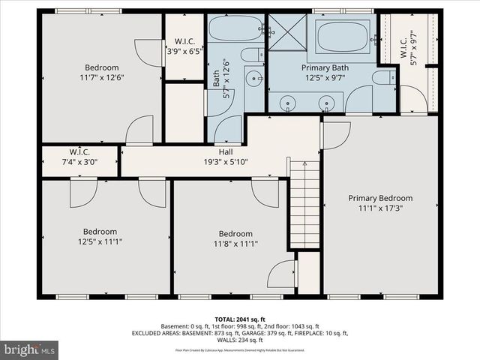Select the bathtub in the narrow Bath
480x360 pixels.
tap(233, 29)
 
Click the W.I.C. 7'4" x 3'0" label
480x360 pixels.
tap(79, 156)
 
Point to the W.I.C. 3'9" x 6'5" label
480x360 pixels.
tap(184, 46)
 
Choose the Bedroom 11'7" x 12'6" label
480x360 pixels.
tap(101, 71)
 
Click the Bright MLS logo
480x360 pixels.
tap(29, 349)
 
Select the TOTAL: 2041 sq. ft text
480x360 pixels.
tap(240, 319)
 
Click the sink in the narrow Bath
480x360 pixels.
tap(255, 77)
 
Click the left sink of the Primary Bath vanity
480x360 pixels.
tap(287, 103)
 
